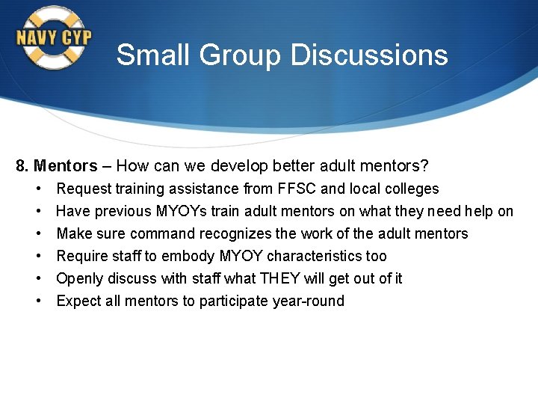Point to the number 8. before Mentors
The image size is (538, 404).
point(22,166)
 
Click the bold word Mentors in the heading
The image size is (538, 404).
point(66,166)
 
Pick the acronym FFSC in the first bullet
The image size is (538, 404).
point(297,189)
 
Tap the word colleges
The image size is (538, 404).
point(410,189)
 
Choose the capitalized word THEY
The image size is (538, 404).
point(279,278)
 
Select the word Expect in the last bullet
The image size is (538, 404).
point(78,301)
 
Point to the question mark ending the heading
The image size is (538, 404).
point(424,166)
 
